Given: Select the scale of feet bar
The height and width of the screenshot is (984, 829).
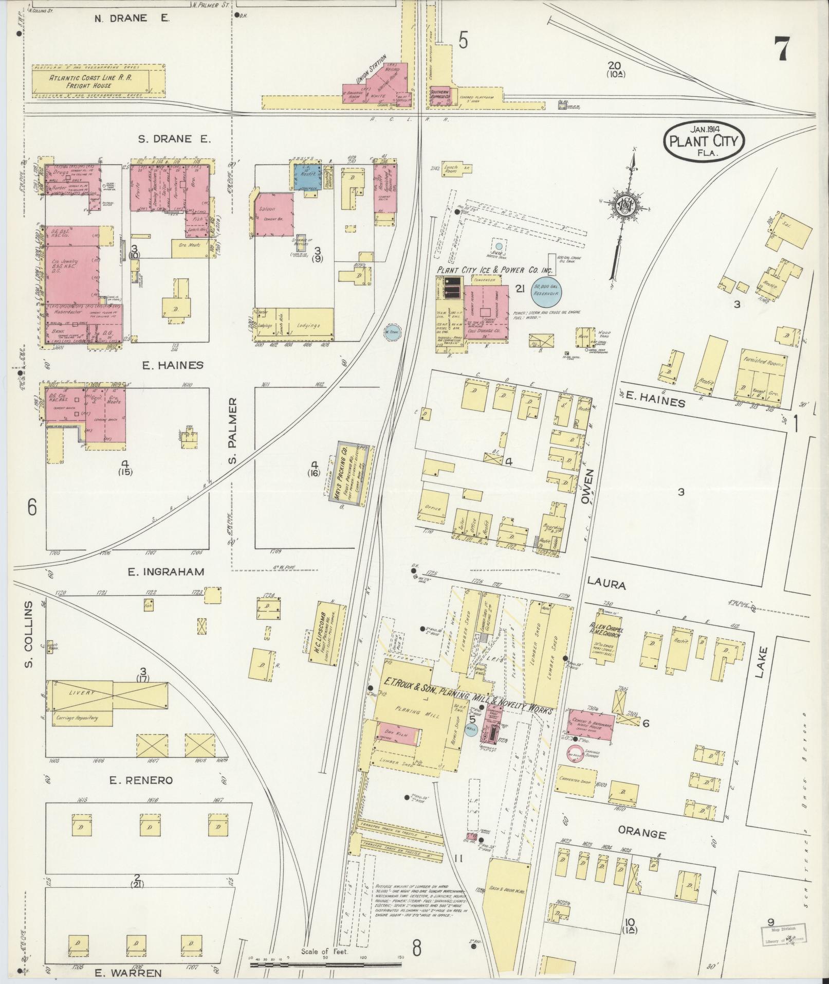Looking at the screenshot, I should click(325, 964).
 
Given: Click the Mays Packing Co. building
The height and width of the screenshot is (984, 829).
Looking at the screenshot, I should click(346, 469).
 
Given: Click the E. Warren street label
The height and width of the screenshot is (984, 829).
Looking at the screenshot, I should click(128, 973).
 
